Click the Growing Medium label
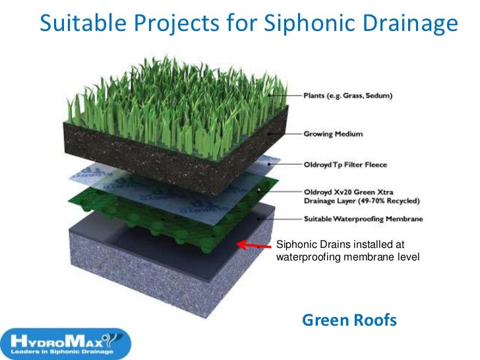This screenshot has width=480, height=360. click(x=333, y=134)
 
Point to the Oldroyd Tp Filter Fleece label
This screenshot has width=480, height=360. click(x=345, y=165)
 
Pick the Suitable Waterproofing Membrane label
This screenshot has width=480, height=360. click(x=363, y=219)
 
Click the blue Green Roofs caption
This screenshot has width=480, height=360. click(x=349, y=321)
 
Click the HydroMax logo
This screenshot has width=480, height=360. click(x=66, y=341)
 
